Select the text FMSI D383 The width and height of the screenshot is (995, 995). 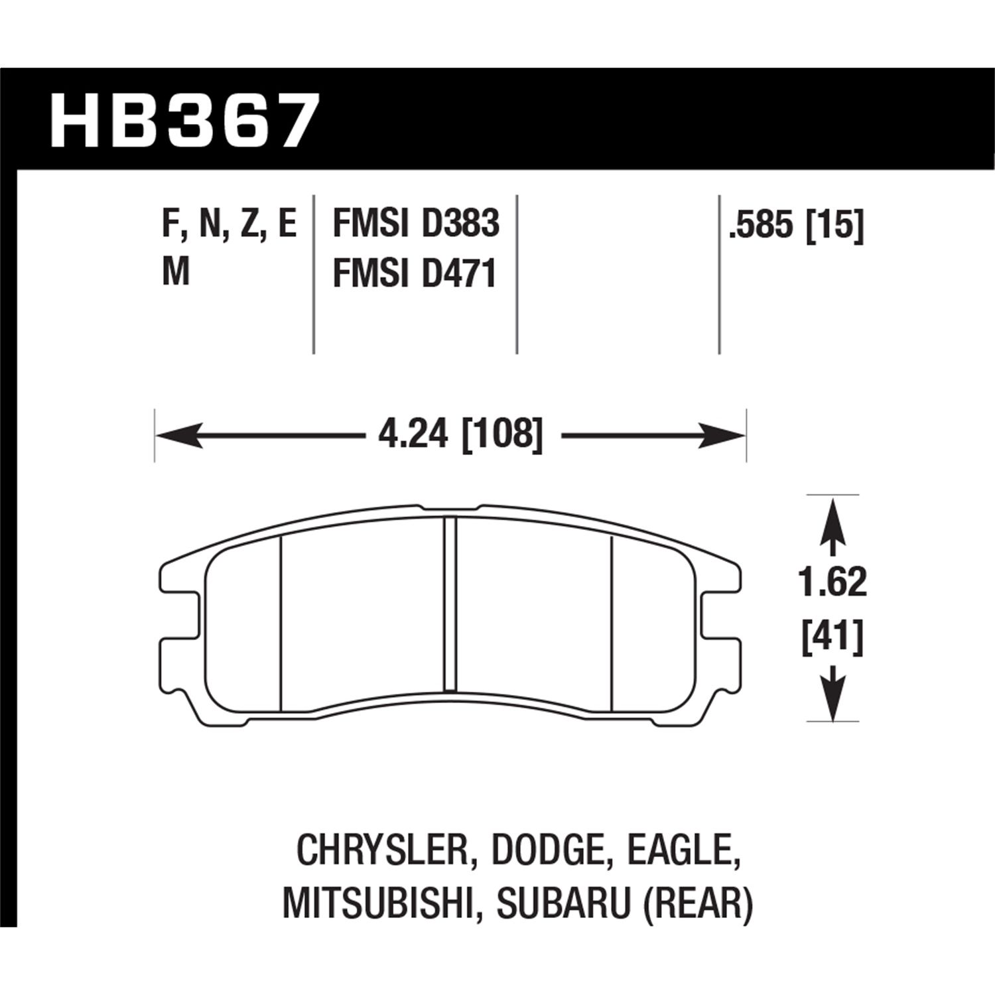click(415, 224)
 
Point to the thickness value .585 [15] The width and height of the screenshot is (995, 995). click(796, 226)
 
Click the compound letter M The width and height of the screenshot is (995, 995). click(176, 272)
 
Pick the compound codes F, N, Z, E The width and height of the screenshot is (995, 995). click(229, 224)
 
